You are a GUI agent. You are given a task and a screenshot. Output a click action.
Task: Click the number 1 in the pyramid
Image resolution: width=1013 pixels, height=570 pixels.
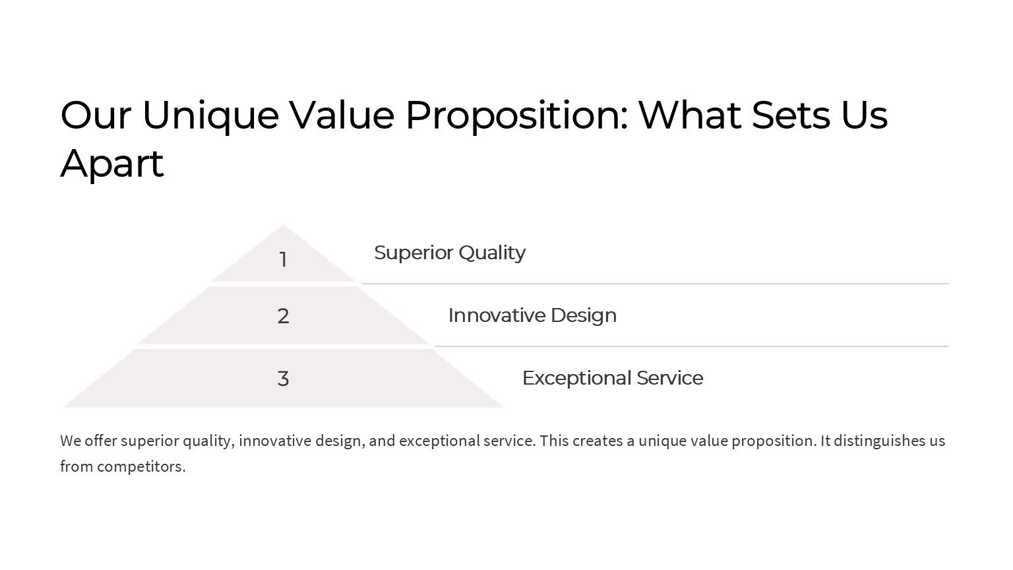[283, 260]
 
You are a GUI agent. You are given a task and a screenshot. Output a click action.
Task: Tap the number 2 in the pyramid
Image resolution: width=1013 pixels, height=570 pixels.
[283, 316]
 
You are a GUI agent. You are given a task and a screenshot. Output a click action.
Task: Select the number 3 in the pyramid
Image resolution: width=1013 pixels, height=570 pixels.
[283, 379]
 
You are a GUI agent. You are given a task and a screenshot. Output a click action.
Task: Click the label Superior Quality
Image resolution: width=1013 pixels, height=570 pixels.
[450, 253]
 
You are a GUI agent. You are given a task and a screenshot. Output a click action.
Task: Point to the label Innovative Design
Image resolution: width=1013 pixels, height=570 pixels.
[532, 316]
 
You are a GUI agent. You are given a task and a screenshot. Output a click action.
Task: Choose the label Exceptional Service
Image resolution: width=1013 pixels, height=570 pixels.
[613, 378]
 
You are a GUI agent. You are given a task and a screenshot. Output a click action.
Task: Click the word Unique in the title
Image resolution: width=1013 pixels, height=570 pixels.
[211, 116]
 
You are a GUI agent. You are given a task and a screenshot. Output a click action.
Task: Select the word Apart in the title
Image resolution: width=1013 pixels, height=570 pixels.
[111, 164]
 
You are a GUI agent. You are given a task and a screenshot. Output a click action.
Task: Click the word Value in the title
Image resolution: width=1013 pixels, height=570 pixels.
[342, 115]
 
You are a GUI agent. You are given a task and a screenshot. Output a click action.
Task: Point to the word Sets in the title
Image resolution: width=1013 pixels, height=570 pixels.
[791, 115]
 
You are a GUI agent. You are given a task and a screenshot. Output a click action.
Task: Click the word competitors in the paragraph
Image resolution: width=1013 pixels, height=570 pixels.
[141, 466]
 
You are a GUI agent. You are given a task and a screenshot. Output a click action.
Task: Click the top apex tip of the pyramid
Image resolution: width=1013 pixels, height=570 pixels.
[283, 224]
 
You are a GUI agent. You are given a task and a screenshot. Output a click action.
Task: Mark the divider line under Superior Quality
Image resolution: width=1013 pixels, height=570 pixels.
[655, 284]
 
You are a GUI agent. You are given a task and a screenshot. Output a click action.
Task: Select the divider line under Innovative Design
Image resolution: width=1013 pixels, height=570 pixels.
[692, 346]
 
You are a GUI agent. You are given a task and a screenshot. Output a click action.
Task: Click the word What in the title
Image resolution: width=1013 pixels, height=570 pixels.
[690, 115]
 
